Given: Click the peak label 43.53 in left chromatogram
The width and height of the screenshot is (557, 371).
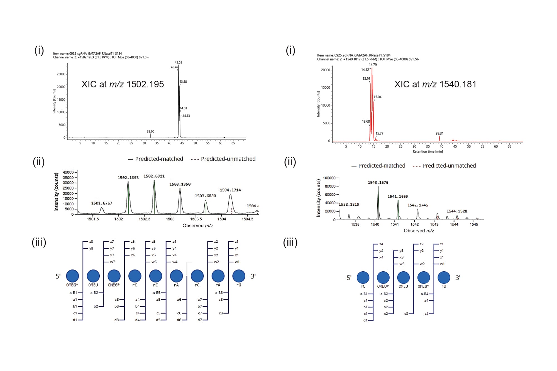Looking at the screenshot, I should pos(178,62).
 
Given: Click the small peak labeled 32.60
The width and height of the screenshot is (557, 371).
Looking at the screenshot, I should pos(150,131).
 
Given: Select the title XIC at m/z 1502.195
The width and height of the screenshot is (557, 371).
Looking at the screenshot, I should pos(123,84).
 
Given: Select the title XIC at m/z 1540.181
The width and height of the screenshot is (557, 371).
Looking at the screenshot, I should pos(435,84).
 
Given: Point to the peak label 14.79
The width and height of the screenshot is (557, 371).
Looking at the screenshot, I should pos(373,65).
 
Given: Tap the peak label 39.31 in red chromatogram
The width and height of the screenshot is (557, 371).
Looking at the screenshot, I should pos(439,134).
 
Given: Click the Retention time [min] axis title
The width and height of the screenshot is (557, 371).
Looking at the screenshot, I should pos(427,152).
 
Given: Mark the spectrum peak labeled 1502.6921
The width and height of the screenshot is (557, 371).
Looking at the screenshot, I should pos(154,176).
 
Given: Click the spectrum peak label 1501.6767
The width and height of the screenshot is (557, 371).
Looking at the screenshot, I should pos(102,203).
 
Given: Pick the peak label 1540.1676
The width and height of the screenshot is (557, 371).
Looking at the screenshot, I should pos(378,183).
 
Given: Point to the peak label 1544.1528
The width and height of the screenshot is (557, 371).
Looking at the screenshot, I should pos(457,211).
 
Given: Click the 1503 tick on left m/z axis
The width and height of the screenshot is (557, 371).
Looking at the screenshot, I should pos(170,219).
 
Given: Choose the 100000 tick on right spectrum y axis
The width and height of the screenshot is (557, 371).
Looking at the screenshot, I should pos(329,178).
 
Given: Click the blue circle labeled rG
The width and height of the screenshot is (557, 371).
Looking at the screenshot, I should pos(239,276).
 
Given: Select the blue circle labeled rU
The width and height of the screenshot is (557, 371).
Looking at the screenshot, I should pos(444,277).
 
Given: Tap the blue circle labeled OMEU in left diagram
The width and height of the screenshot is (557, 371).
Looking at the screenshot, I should pos(93,276).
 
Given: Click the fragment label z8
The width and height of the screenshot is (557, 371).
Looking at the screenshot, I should pos(91,242).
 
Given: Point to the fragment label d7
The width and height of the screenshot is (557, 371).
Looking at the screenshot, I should pos(200,320).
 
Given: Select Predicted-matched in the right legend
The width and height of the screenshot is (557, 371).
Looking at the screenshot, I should pos(382,166).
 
